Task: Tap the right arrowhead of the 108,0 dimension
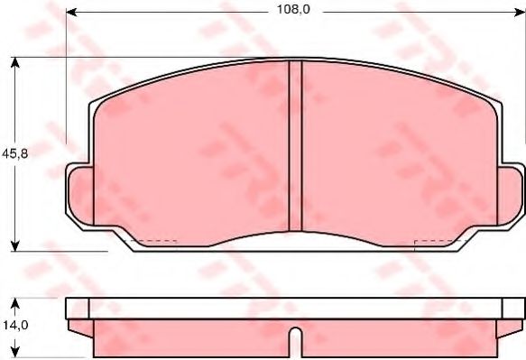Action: click(x=521, y=13)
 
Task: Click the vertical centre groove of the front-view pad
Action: click(x=294, y=144)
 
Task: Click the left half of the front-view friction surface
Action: click(x=194, y=153)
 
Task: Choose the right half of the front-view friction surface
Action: click(x=397, y=153)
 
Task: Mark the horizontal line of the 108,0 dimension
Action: click(x=180, y=13)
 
